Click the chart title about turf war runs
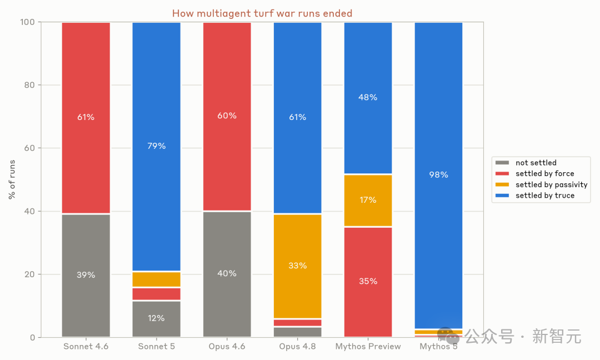tap(262, 13)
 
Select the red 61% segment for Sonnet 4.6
tap(86, 118)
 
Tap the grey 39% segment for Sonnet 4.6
tap(86, 276)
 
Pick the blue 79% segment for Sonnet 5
tap(157, 147)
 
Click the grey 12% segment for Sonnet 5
tap(157, 319)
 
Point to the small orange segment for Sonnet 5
tap(157, 279)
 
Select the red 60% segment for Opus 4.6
tap(227, 116)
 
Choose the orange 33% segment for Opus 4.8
tap(298, 266)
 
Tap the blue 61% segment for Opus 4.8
tap(298, 118)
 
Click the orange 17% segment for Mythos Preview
tap(368, 201)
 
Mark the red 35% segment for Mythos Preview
tap(368, 282)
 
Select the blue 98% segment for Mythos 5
tap(438, 175)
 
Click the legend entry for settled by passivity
tap(541, 185)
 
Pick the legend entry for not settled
tap(526, 163)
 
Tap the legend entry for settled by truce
tap(535, 196)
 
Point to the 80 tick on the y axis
tap(29, 85)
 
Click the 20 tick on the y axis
tap(29, 274)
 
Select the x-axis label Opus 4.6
tap(227, 347)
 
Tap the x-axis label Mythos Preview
tap(368, 347)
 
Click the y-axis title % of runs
tap(12, 179)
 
